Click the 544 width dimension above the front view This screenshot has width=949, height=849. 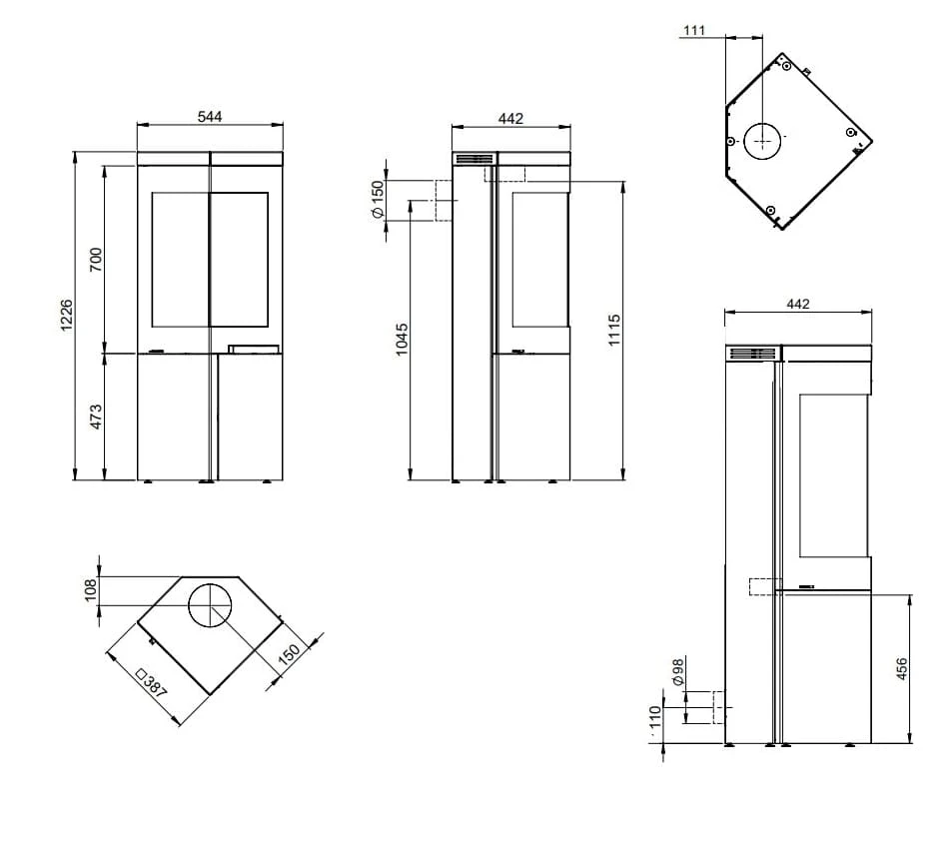209,117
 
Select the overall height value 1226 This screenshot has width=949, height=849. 67,315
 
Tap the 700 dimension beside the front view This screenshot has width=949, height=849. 96,259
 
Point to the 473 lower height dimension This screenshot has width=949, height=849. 96,417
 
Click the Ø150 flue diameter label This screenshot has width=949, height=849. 378,201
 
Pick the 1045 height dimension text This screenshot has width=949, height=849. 402,340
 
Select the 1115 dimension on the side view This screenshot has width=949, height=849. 614,330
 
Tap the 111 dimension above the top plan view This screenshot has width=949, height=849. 694,31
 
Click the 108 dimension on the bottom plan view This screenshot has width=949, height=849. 91,590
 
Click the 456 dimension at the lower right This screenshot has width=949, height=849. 902,669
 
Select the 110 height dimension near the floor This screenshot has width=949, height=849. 655,718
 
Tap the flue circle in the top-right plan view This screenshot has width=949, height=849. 762,141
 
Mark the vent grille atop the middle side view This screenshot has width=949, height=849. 474,159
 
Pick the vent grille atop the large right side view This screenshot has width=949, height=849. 751,353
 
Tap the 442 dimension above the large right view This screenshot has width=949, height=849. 797,304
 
